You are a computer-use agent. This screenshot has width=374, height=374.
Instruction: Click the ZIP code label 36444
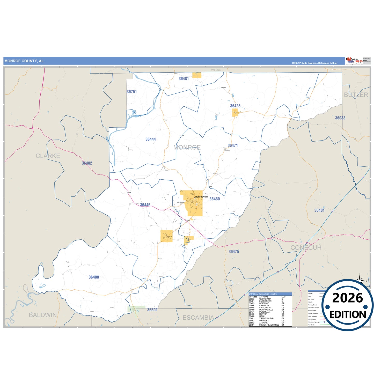(x=150, y=139)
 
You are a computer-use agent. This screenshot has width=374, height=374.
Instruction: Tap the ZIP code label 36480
(x=94, y=277)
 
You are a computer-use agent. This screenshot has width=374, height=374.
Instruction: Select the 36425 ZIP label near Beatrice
(x=235, y=106)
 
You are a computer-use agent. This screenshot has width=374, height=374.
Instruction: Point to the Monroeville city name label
(x=201, y=197)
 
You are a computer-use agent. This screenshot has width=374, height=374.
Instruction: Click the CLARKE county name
(x=48, y=156)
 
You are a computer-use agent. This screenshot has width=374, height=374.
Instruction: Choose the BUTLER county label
(x=356, y=95)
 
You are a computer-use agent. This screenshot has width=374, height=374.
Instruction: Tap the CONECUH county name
(x=306, y=247)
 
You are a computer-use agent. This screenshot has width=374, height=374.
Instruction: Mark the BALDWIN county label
(x=43, y=315)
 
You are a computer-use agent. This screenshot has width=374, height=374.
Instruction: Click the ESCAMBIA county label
(x=198, y=318)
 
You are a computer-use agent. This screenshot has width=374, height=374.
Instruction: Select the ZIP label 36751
(x=131, y=92)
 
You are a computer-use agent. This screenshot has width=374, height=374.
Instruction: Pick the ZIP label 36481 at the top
(x=184, y=78)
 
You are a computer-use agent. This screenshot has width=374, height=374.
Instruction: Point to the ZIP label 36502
(x=152, y=310)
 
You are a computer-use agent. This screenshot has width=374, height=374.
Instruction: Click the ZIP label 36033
(x=340, y=118)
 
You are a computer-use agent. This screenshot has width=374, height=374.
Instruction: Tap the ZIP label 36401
(x=319, y=210)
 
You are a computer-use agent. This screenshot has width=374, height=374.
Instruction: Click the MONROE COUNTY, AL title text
(x=24, y=61)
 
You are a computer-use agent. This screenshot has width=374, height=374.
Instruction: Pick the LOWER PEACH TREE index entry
(x=269, y=325)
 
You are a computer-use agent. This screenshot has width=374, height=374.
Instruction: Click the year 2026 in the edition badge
(x=347, y=298)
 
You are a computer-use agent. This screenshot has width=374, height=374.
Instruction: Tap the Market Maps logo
(x=354, y=61)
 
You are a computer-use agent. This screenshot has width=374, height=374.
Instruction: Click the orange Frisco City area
(x=166, y=236)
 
